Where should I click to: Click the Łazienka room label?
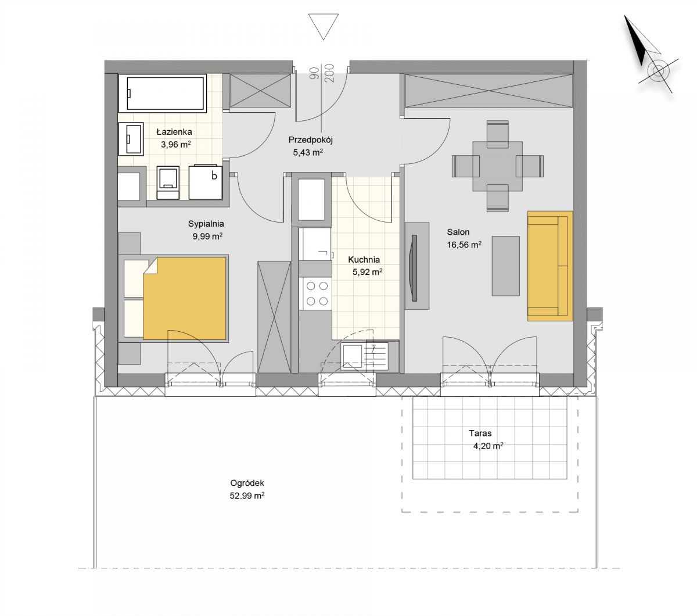(x=174, y=131)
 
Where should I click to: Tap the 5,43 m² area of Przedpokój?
(x=308, y=152)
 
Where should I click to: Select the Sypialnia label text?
(x=206, y=224)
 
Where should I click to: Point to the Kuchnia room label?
(x=364, y=259)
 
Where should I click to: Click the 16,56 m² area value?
(x=464, y=245)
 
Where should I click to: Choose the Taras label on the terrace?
(x=480, y=433)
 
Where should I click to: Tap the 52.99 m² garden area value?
(x=247, y=496)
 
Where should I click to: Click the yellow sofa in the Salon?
(x=550, y=266)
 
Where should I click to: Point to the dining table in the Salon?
(x=497, y=166)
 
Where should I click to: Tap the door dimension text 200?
(x=329, y=73)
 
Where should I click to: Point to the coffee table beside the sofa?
(x=505, y=266)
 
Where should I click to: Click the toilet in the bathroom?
(x=168, y=182)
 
